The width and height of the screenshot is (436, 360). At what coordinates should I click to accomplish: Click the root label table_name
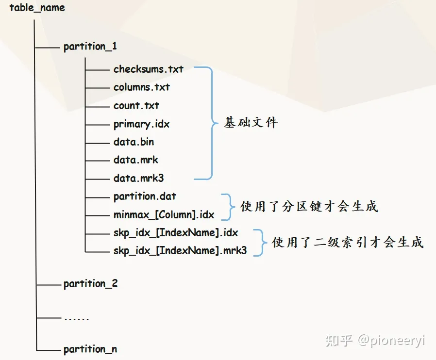[37, 8]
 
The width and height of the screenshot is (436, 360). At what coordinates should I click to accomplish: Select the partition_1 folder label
[90, 47]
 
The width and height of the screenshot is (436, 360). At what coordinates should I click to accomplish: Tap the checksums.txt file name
[149, 69]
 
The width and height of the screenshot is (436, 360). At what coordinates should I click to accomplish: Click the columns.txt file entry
[142, 87]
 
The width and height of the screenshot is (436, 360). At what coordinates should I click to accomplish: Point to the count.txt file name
[136, 105]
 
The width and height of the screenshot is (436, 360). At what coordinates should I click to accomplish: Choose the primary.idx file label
[142, 124]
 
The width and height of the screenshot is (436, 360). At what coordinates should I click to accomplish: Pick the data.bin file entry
[134, 142]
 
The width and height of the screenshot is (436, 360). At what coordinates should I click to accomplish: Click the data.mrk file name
[136, 160]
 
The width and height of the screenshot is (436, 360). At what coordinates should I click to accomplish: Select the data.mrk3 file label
[139, 179]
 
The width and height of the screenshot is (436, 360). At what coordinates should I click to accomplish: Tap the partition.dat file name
[145, 196]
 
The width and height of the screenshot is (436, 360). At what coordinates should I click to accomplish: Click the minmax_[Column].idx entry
[164, 214]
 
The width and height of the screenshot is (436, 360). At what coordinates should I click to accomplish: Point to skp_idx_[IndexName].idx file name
[176, 233]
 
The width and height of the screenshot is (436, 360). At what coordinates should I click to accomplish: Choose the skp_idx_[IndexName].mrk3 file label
[180, 251]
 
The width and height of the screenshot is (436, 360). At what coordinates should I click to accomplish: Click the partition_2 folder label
[91, 283]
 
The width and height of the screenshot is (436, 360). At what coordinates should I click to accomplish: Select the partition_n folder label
[90, 349]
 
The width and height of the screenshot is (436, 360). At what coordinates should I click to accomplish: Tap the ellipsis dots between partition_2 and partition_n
[76, 319]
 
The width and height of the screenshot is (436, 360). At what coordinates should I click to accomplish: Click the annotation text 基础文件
[251, 123]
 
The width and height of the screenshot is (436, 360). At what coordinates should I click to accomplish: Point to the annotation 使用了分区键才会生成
[309, 206]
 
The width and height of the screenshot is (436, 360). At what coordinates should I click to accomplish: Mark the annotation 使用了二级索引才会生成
[348, 242]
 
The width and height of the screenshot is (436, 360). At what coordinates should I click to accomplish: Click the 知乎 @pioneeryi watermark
[375, 340]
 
